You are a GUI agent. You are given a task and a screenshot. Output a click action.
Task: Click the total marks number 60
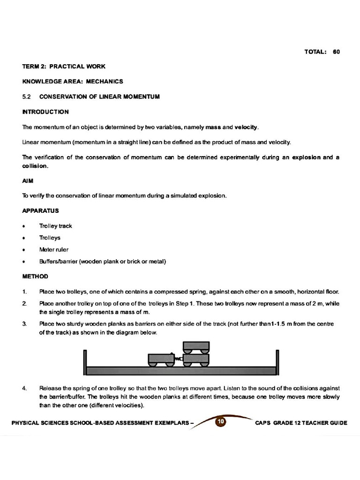[336, 52]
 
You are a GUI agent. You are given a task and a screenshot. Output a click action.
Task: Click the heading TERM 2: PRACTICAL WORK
[64, 67]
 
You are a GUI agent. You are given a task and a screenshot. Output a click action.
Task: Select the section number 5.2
[26, 97]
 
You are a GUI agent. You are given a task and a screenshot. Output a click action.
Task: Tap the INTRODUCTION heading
[45, 112]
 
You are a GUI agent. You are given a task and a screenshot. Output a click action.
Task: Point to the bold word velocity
[246, 127]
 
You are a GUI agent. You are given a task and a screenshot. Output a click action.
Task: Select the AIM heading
[28, 180]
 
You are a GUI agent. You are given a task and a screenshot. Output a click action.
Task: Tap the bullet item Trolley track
[56, 226]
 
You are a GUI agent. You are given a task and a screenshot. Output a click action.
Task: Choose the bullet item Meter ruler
[54, 249]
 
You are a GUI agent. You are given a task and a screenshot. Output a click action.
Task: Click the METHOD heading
[35, 276]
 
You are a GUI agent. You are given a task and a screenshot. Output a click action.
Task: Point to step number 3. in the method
[24, 324]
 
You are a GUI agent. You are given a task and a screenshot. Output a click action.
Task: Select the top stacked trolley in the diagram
[196, 347]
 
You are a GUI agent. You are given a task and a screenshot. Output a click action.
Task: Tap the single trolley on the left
[161, 360]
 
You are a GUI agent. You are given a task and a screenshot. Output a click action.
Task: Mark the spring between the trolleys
[178, 359]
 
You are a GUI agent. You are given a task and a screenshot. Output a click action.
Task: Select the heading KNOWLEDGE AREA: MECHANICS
[73, 82]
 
